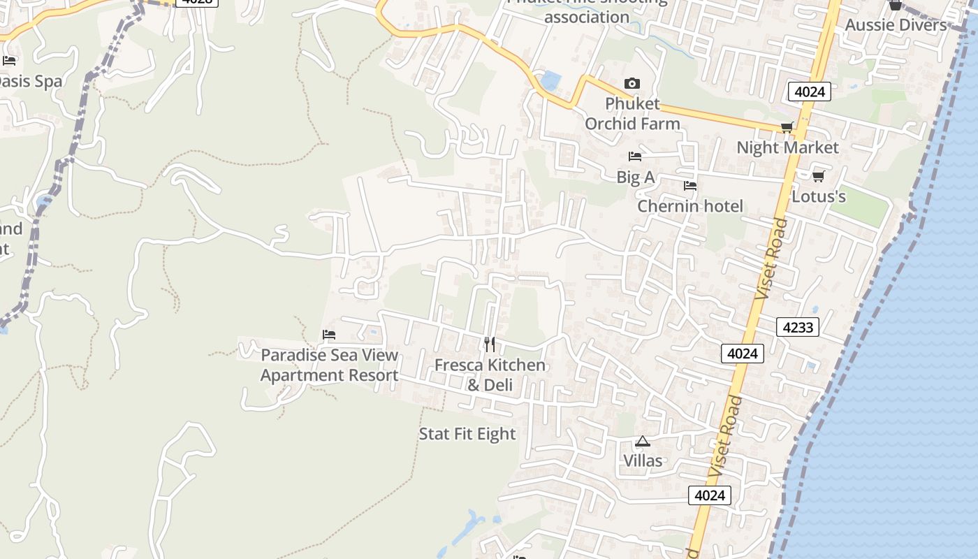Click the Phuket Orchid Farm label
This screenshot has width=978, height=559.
click(632, 114)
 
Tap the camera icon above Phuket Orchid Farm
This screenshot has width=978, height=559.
click(632, 84)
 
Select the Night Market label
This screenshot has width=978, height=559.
click(787, 147)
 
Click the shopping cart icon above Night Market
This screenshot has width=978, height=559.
click(787, 127)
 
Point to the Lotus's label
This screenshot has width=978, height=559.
click(819, 196)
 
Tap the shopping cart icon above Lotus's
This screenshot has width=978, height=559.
click(819, 176)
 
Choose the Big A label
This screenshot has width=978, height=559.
click(635, 177)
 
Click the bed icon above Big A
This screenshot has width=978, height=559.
click(635, 157)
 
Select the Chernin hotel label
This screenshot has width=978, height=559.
click(690, 206)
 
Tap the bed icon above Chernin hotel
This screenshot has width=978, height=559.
click(690, 186)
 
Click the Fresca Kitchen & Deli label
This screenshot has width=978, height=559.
click(490, 375)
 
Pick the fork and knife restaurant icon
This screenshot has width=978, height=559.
click(490, 344)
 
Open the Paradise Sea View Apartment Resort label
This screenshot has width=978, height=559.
click(329, 365)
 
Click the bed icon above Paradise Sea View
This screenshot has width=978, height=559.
click(329, 335)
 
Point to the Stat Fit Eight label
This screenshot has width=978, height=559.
click(467, 434)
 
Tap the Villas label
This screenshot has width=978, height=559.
click(643, 460)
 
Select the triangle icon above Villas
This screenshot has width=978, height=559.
click(643, 441)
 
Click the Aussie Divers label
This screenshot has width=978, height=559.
click(896, 25)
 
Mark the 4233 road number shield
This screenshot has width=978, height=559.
click(797, 326)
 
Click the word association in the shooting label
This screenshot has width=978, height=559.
click(587, 17)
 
